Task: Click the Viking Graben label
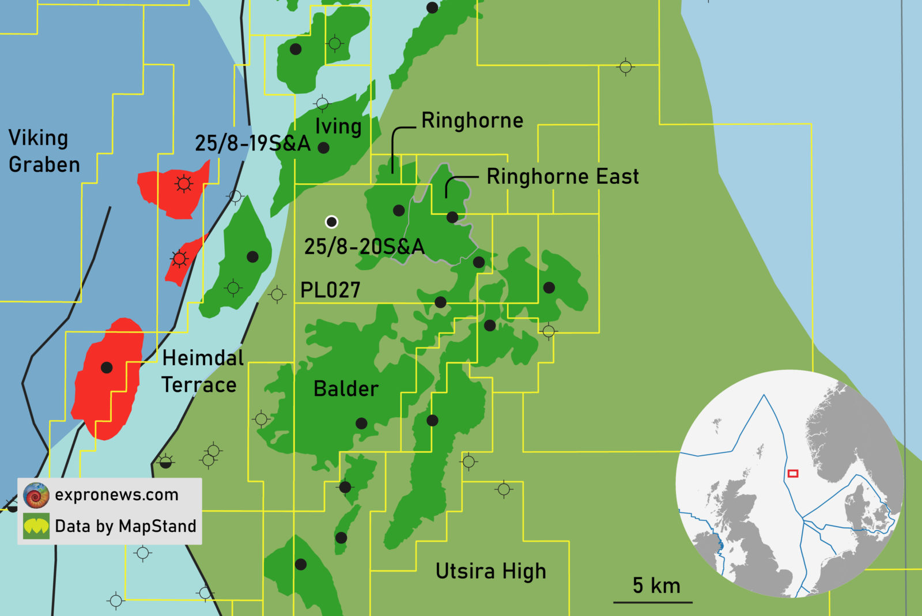pos(44,152)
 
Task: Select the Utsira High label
pos(490,571)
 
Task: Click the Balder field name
pos(346,389)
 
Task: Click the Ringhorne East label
pos(562,176)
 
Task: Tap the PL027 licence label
pos(330,290)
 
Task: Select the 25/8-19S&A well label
pos(252,143)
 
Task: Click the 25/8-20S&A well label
pos(364,247)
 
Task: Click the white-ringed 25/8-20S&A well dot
pos(331,222)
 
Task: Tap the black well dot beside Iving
pos(324,148)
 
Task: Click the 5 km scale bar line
pos(652,602)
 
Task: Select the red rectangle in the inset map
pos(793,474)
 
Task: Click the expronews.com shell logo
pos(36,495)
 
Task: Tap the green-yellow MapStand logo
pos(36,526)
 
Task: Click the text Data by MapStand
pos(126,526)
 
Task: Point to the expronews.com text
pos(117,495)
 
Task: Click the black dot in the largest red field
pos(107,368)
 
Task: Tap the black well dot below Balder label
pos(361,424)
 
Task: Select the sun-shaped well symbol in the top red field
pos(184,184)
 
